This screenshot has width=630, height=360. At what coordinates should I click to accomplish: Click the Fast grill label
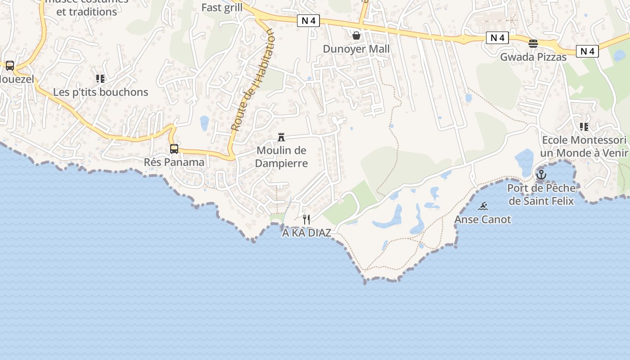tap(222, 8)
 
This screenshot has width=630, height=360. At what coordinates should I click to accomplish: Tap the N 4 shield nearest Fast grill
tap(308, 21)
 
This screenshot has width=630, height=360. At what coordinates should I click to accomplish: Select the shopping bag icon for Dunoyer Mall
tap(356, 35)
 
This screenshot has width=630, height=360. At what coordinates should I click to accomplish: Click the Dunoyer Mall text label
tap(356, 49)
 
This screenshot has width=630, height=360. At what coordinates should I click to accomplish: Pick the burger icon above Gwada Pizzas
tap(533, 44)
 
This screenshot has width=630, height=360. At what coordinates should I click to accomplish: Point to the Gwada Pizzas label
tap(533, 57)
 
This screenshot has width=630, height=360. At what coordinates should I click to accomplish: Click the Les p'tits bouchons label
tap(100, 92)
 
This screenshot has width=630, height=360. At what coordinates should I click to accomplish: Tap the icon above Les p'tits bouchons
tap(100, 79)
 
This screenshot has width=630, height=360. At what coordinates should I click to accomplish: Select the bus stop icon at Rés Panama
tap(174, 149)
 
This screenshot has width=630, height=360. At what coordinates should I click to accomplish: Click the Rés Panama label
tap(174, 162)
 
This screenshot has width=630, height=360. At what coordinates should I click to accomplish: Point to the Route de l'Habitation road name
tap(252, 81)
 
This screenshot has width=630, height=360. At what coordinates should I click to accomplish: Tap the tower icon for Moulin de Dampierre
tap(281, 137)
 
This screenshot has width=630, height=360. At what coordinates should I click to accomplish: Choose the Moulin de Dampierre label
tap(281, 157)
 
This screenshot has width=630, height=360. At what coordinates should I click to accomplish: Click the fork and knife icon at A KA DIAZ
tap(306, 220)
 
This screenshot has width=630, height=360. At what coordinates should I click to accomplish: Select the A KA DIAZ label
tap(306, 233)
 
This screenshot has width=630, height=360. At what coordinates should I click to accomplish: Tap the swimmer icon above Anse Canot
tap(483, 206)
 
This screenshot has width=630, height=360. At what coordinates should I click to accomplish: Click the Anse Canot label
tap(483, 220)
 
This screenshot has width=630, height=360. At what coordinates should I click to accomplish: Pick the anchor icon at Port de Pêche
tap(541, 174)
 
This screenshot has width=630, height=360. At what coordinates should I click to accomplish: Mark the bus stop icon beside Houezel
tap(10, 66)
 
